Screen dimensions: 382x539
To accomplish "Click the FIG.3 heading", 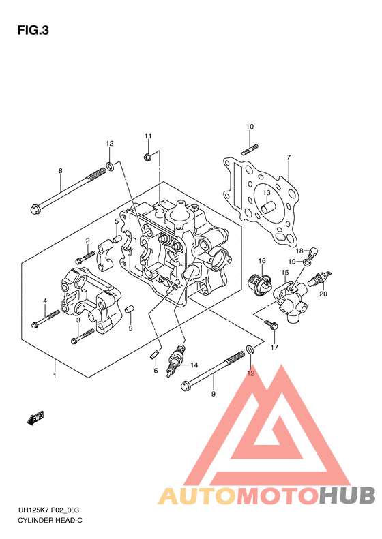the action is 33,31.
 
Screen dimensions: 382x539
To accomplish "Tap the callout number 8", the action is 61,171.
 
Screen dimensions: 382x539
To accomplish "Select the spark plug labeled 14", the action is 176,360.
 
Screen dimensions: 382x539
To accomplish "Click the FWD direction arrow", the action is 35,418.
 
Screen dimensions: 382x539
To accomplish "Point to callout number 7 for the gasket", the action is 289,157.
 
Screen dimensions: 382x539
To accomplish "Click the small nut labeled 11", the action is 147,157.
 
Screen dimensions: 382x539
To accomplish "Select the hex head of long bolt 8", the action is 35,209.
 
